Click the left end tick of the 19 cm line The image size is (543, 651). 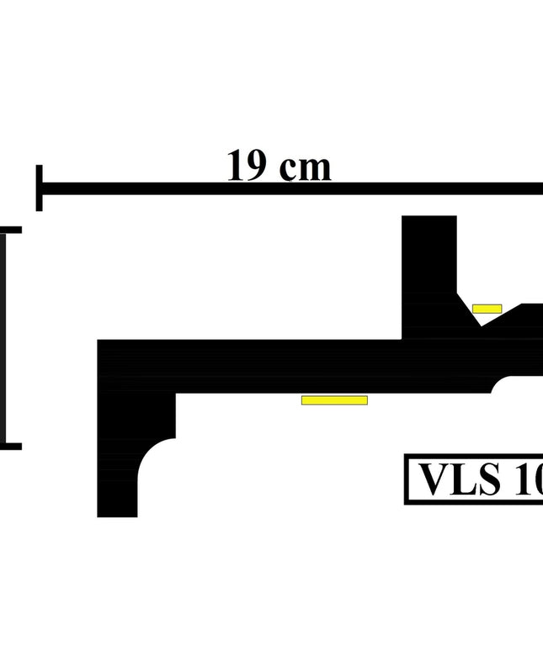click(x=39, y=188)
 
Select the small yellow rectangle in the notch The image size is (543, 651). click(x=487, y=309)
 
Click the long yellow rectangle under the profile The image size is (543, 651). click(x=334, y=400)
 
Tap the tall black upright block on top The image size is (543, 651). click(x=429, y=261)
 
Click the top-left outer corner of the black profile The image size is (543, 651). click(x=99, y=341)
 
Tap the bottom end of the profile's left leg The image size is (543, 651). click(x=118, y=515)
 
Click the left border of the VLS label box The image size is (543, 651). click(x=407, y=480)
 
